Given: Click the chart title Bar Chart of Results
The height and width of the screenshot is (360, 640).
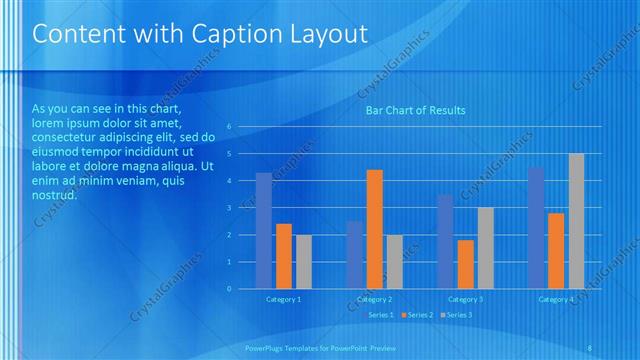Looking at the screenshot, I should tap(414, 110).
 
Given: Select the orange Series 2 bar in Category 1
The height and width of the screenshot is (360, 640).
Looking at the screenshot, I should tap(284, 256).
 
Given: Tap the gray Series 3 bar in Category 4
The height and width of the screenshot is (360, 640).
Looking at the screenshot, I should tap(576, 221).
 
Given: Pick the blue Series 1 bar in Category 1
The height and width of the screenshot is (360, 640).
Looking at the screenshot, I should tap(264, 230).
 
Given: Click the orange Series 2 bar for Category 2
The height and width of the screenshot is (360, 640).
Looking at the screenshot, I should tap(374, 229).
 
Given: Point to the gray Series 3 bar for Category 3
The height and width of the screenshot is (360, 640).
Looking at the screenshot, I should tap(485, 248).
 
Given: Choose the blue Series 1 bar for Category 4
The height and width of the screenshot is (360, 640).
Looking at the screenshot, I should tap(536, 228).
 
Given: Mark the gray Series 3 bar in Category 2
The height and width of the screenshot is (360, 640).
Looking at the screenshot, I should tap(394, 261).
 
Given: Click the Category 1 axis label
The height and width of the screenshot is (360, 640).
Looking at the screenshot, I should tap(283, 299).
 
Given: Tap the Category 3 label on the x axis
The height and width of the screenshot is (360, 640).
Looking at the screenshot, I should tap(465, 299).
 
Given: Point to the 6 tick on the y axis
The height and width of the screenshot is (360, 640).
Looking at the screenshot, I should tap(229, 127).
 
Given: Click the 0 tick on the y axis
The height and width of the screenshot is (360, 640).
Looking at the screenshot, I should tap(229, 288).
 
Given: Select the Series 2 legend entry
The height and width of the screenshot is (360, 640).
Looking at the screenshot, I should tap(418, 315).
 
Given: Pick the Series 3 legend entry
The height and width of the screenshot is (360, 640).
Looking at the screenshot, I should tap(457, 315).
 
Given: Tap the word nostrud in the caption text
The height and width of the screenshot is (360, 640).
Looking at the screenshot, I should tap(54, 195).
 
